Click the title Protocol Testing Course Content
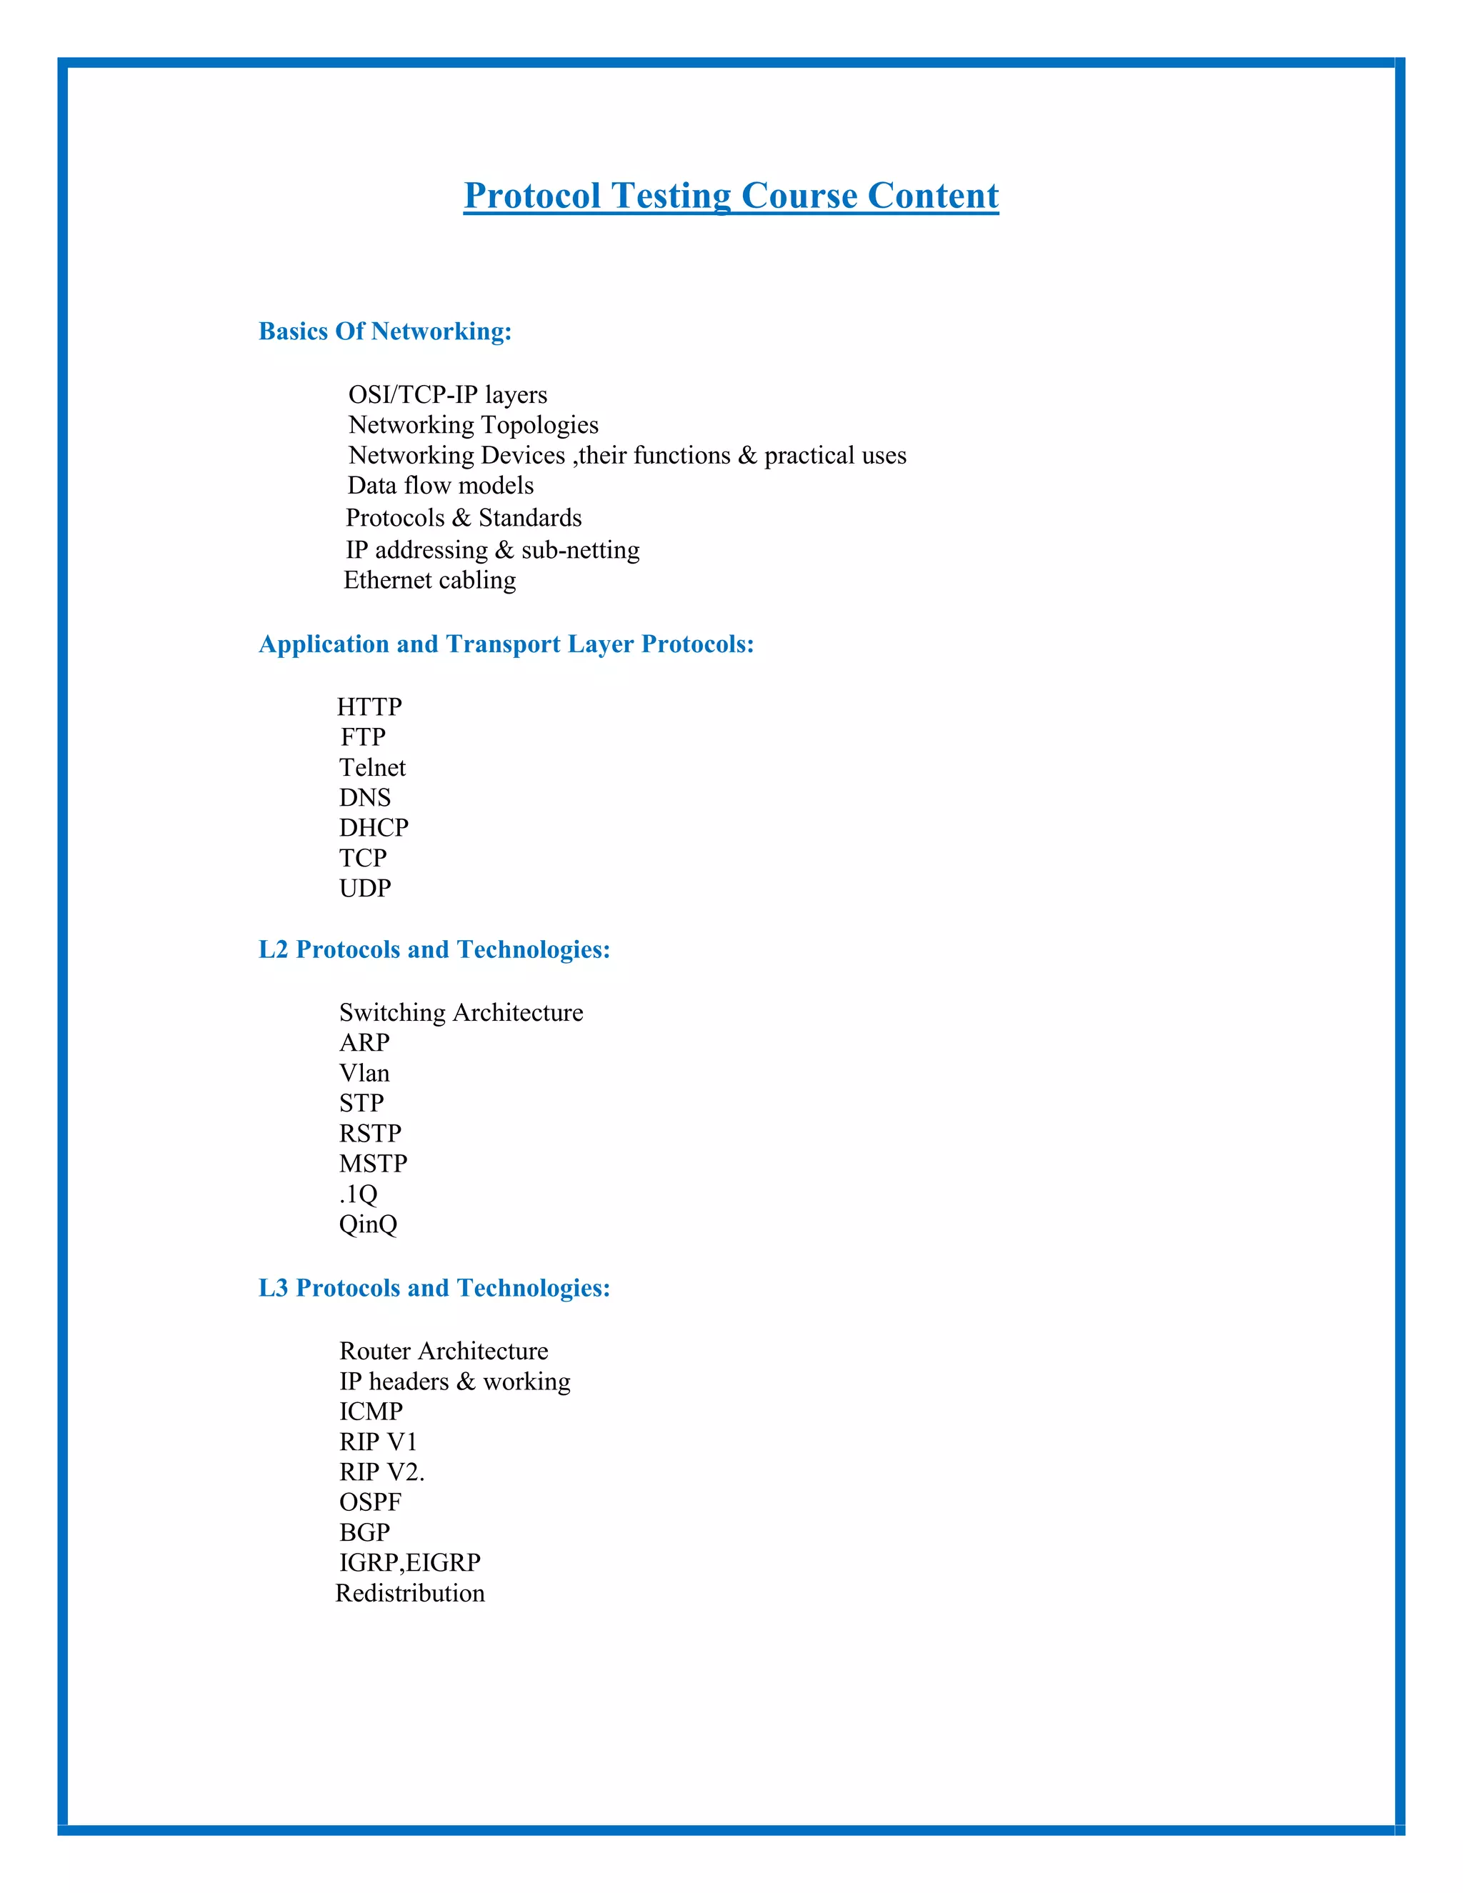click(x=731, y=196)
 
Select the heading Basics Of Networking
click(x=385, y=331)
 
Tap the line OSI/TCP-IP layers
click(x=447, y=395)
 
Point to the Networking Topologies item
click(x=473, y=425)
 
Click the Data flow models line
click(x=440, y=485)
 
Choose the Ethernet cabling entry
click(x=430, y=580)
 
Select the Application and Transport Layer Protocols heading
click(x=506, y=644)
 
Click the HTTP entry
click(x=369, y=707)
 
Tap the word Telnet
click(x=371, y=768)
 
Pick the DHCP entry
click(x=374, y=828)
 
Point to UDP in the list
click(x=365, y=889)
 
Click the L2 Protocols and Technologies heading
click(x=434, y=950)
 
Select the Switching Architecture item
click(x=461, y=1012)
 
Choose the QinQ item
click(x=367, y=1224)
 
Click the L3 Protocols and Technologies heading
click(x=434, y=1288)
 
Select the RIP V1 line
click(x=378, y=1442)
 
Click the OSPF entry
click(x=370, y=1502)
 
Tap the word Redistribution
click(x=410, y=1593)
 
